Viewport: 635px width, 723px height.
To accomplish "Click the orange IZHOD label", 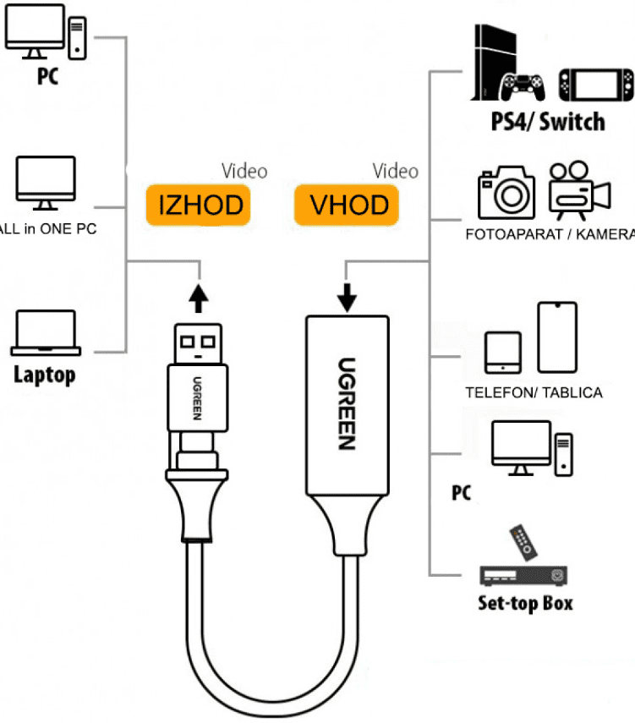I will (x=200, y=205).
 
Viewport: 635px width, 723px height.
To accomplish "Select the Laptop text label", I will (x=44, y=374).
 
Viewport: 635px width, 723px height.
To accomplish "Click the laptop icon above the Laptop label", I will (x=46, y=333).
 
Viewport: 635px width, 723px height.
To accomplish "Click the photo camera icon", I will (x=506, y=193).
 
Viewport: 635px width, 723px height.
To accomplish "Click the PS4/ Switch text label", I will (x=548, y=121).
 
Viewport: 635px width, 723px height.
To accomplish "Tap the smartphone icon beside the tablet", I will (x=557, y=337).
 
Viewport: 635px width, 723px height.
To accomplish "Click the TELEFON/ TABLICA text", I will (x=534, y=392).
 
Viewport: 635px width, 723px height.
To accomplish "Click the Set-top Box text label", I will (x=524, y=602).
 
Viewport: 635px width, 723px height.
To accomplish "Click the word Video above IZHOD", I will (x=244, y=172).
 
